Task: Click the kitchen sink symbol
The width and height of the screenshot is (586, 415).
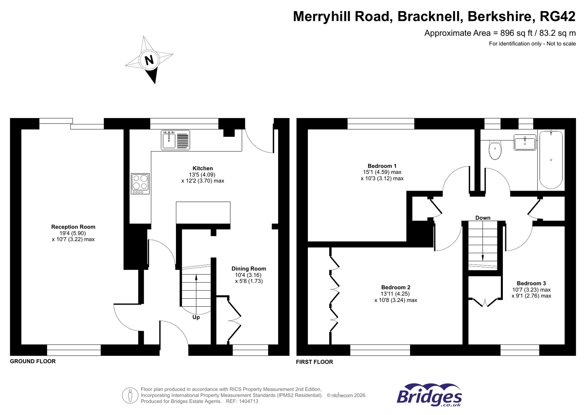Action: (175, 140)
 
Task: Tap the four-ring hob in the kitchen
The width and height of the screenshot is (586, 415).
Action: (140, 183)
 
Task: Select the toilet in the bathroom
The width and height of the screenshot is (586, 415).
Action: (495, 150)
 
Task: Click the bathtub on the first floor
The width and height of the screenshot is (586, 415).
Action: (551, 159)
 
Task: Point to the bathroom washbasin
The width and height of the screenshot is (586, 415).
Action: (524, 142)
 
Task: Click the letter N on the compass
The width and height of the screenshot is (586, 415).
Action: (149, 60)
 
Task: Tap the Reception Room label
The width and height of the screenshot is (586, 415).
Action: (73, 227)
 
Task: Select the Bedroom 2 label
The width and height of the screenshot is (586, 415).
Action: (395, 287)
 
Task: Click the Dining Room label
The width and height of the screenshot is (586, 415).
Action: (248, 269)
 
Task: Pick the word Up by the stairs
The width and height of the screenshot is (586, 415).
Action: (196, 317)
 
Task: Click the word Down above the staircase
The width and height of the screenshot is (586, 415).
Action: (483, 218)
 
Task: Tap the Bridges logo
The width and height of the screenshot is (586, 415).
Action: (429, 395)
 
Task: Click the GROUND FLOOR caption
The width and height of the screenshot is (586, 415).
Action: (33, 361)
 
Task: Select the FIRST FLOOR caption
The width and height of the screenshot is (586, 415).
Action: (314, 362)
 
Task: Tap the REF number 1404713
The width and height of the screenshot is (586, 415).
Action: (249, 401)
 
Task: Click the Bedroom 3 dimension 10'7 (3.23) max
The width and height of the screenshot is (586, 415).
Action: (531, 290)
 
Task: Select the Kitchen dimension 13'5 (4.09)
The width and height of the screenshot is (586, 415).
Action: (202, 175)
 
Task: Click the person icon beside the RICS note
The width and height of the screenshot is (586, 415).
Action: (130, 396)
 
